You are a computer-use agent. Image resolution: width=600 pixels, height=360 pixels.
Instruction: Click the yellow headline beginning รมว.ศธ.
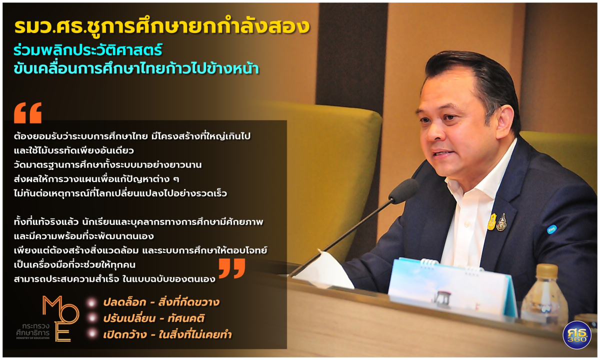tap(162, 27)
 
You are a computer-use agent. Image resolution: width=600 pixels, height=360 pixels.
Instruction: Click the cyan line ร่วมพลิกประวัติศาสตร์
tap(88, 50)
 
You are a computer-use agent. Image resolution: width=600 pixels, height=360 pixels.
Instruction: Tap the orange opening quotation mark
tap(28, 113)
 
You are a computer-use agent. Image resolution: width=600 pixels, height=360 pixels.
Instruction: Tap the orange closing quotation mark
tap(232, 268)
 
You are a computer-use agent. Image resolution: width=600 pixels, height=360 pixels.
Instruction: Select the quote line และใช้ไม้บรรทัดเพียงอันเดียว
tap(73, 150)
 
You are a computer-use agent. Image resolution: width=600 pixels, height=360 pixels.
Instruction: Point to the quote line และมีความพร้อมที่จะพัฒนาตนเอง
tap(84, 236)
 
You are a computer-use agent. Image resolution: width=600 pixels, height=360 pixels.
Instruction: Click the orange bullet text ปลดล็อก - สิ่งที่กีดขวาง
tap(161, 302)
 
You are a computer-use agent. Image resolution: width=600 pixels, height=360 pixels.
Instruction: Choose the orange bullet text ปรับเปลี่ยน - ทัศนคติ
tap(154, 318)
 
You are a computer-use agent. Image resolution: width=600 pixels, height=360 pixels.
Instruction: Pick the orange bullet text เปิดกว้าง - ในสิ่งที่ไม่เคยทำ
tap(167, 334)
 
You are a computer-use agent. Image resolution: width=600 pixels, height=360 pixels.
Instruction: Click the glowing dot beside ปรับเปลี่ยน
tap(92, 318)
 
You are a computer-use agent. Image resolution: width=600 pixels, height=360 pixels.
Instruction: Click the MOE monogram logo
tap(60, 318)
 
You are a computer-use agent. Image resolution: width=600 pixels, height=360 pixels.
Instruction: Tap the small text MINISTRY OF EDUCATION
tap(33, 338)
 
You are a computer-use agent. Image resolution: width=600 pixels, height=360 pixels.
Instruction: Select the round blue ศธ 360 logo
tap(577, 335)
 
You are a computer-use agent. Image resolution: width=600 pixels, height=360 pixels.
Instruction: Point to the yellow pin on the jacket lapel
tap(492, 222)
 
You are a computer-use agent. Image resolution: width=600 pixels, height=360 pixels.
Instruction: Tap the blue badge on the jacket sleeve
tap(550, 229)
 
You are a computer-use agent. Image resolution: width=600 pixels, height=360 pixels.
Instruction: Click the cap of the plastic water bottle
tap(546, 270)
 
